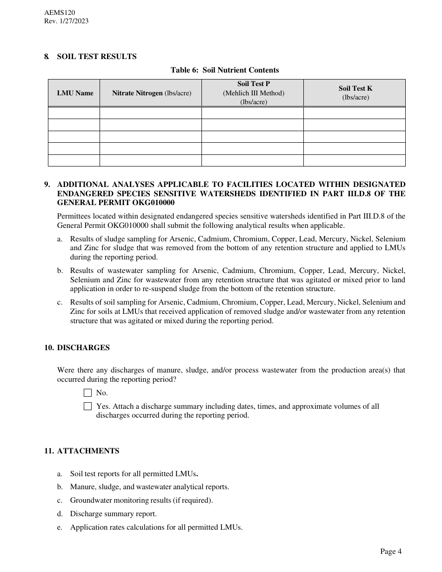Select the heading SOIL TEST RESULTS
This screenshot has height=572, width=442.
click(97, 57)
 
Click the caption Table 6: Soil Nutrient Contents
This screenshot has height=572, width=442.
click(225, 70)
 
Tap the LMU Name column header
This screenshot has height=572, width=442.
click(75, 93)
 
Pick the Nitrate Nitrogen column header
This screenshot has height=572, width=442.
click(151, 93)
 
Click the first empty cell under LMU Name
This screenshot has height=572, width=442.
click(74, 113)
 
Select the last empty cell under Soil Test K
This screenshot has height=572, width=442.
click(354, 160)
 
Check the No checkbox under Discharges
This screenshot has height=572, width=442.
click(88, 393)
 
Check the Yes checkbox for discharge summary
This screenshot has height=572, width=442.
click(88, 406)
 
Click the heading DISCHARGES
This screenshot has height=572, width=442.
click(83, 348)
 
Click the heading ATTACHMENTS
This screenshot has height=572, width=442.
click(88, 451)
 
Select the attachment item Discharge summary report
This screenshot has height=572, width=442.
click(114, 514)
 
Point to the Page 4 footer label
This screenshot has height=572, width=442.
click(391, 552)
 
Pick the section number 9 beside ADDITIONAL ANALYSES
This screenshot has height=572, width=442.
click(47, 184)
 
